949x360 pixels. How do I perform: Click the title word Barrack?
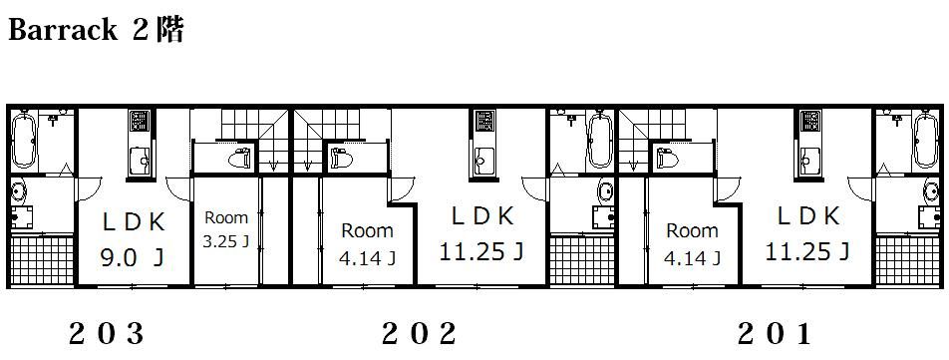[x=63, y=30]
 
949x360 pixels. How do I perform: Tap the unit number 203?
[x=107, y=334]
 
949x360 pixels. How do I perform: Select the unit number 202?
[x=419, y=334]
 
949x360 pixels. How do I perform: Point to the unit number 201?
[x=775, y=334]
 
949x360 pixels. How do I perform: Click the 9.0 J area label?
[x=132, y=259]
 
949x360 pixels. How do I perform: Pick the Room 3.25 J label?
[x=225, y=230]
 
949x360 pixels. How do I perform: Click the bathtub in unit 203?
[x=24, y=140]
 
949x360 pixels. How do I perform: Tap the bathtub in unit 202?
[x=600, y=140]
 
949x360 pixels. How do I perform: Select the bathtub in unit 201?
[x=925, y=140]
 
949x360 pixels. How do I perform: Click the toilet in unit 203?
[x=239, y=159]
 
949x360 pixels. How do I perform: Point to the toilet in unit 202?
[x=341, y=159]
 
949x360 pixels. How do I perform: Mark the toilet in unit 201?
[x=667, y=159]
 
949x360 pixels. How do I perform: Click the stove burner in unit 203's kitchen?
[x=139, y=121]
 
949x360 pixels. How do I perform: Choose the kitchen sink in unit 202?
[x=482, y=162]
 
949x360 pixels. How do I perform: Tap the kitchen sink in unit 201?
[x=808, y=162]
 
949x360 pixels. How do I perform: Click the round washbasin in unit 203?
[x=19, y=191]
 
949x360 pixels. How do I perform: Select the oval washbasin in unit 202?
[x=604, y=191]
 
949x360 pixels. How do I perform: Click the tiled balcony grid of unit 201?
[x=903, y=260]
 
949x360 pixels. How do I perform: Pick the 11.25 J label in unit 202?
[x=481, y=251]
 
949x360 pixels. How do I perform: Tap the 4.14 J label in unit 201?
[x=692, y=259]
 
